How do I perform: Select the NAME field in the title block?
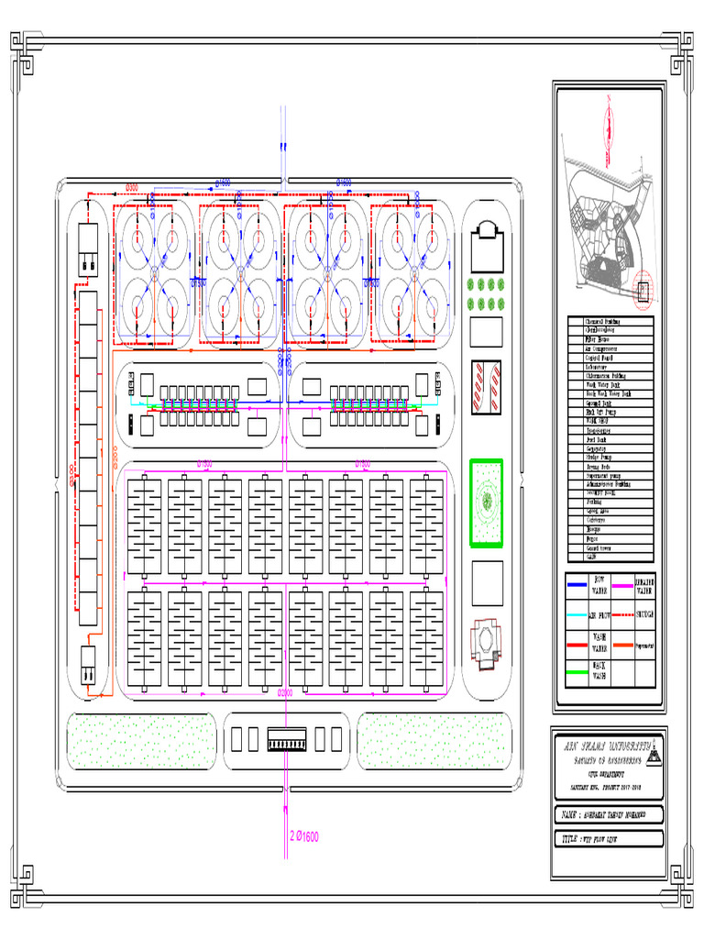pyautogui.click(x=608, y=815)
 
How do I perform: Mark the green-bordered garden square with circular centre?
pyautogui.click(x=486, y=503)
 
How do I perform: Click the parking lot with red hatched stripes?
pyautogui.click(x=486, y=385)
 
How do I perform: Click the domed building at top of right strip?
pyautogui.click(x=486, y=241)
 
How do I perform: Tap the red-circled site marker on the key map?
pyautogui.click(x=642, y=291)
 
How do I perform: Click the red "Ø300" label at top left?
pyautogui.click(x=132, y=187)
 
